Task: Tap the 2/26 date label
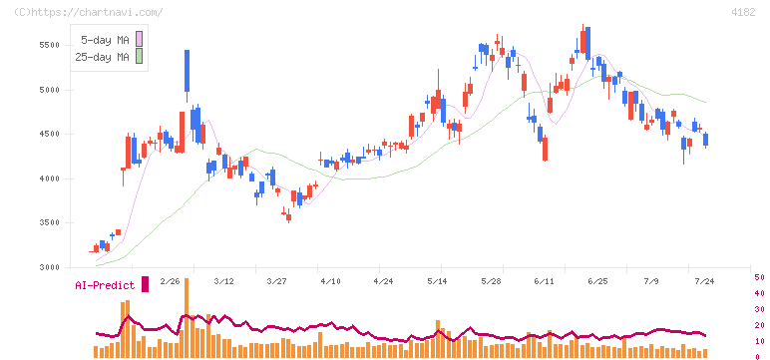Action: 170,281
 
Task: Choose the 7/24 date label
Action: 704,281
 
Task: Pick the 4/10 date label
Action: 330,281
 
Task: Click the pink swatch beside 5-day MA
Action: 140,39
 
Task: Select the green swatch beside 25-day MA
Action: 140,57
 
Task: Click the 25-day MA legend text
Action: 102,57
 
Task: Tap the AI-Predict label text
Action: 105,285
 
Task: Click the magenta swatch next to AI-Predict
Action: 145,284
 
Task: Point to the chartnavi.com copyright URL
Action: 89,12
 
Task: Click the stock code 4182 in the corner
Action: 743,12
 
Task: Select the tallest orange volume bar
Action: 187,318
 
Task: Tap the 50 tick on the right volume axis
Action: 759,277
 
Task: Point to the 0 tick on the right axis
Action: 757,357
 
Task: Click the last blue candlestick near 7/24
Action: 706,140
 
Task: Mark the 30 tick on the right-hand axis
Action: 759,309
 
